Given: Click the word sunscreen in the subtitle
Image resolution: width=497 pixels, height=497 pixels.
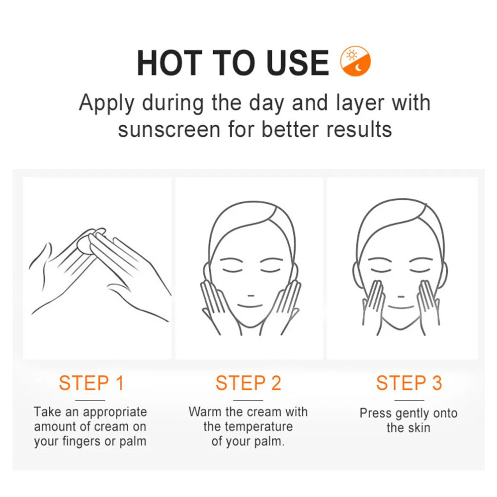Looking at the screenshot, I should [169, 129].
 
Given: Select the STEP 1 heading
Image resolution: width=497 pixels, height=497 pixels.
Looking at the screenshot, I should [91, 383].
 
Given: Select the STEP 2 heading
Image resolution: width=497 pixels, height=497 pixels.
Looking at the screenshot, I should [248, 383].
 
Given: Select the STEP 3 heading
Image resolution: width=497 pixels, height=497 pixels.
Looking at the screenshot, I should [409, 383].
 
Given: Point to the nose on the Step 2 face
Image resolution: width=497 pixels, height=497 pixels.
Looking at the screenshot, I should [248, 294].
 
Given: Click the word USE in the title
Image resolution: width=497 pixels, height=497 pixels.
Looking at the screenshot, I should [293, 63].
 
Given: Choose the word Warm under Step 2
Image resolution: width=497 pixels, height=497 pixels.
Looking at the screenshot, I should [204, 412].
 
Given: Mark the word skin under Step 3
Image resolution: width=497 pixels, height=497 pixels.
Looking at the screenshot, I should [418, 427].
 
